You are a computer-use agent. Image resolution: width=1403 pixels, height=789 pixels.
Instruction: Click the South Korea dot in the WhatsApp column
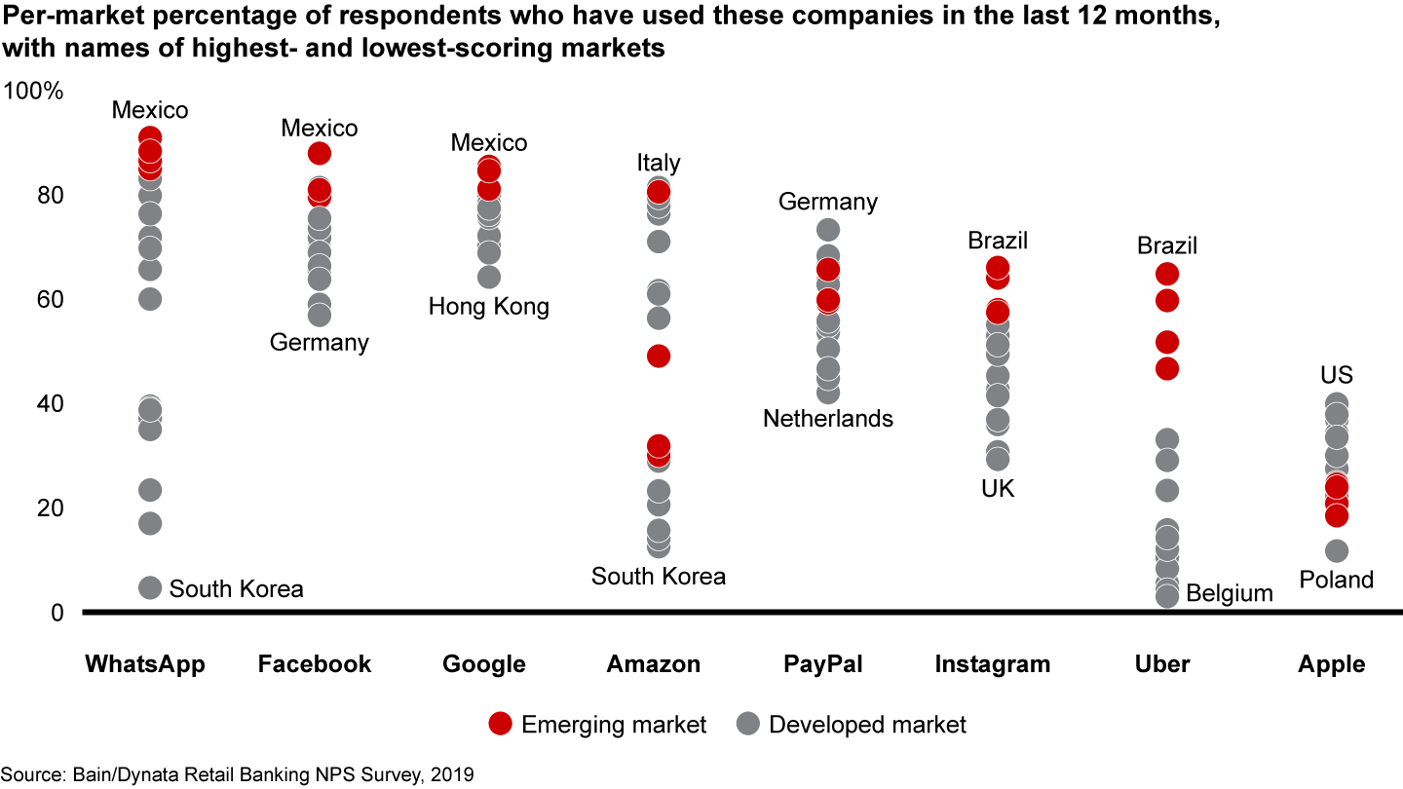point(150,587)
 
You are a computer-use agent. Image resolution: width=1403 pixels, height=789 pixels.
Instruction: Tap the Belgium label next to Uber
point(1230,593)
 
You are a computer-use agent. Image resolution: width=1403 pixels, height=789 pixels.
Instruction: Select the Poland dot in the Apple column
point(1337,551)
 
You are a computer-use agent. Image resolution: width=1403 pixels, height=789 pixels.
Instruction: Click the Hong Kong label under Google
point(489,308)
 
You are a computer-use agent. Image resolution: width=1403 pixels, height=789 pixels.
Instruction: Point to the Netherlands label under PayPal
point(828,419)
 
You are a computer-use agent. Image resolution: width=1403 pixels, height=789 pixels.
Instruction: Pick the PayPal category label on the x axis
point(823,664)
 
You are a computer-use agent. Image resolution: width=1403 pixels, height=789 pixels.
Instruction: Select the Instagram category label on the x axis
point(993,664)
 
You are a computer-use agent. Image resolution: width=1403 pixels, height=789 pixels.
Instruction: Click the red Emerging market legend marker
point(500,724)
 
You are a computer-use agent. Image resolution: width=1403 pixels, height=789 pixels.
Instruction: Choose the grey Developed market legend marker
point(747,724)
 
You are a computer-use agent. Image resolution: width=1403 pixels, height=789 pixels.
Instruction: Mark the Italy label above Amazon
point(659,163)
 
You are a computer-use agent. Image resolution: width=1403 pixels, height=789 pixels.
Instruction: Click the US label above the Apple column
point(1337,376)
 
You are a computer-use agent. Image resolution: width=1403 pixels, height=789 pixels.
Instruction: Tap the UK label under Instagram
point(998,489)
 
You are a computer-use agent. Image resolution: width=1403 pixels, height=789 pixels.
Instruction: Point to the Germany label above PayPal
point(828,202)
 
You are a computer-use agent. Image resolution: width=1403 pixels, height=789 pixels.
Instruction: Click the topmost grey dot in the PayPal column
point(828,230)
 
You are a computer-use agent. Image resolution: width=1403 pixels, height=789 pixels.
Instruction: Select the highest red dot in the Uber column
point(1167,275)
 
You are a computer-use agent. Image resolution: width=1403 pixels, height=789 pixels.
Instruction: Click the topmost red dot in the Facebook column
point(320,153)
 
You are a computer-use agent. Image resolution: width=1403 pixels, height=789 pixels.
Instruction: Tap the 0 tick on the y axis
point(56,613)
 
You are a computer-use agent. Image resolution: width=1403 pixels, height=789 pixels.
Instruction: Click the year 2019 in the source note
point(453,775)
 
